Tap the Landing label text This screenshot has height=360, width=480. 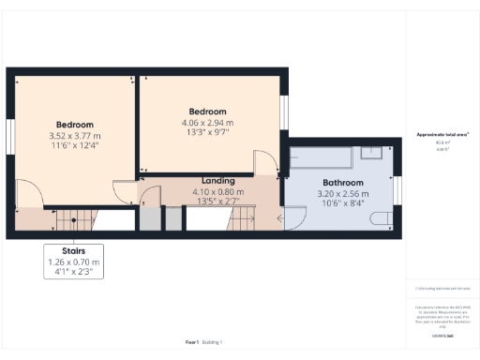[x=217, y=180]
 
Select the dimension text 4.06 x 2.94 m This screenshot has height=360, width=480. [x=208, y=122]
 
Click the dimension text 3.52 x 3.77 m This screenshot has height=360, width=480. [x=75, y=136]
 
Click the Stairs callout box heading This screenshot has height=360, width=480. [x=73, y=251]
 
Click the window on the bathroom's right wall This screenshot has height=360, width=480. [x=397, y=192]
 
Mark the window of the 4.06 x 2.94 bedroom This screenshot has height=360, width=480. [x=285, y=119]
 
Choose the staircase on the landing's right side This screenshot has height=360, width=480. [x=245, y=219]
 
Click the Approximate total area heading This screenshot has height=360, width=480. [x=442, y=135]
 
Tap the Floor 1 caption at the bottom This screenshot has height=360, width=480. [x=191, y=343]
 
